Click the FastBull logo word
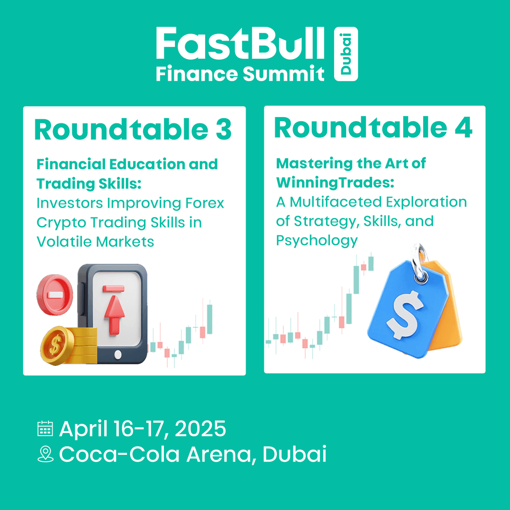coord(240,43)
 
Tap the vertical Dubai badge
coord(346,54)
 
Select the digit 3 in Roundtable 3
coord(223,130)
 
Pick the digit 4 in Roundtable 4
coord(463,127)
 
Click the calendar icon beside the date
coord(45,428)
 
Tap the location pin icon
coord(46,454)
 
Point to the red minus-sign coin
coord(55,295)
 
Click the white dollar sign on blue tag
coord(405,315)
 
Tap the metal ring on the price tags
coord(419,262)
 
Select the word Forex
coord(205,203)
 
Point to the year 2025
coord(200,428)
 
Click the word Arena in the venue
coord(219,454)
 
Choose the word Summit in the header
coord(284,73)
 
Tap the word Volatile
coord(64,241)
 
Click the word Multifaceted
coord(336,202)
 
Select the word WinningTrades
coord(335,183)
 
